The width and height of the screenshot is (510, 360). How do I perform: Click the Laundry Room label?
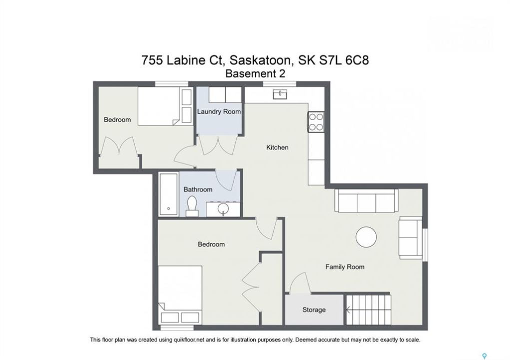(219, 112)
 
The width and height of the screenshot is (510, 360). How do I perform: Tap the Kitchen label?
(277, 147)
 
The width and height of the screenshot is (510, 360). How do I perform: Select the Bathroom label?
(198, 189)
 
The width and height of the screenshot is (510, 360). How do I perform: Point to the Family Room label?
(345, 267)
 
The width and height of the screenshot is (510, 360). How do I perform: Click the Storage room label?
(314, 310)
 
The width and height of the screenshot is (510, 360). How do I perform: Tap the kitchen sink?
(280, 94)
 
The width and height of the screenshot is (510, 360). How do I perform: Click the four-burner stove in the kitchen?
(316, 122)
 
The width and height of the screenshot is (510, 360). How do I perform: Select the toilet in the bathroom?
(192, 206)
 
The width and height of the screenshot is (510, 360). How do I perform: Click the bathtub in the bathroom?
(169, 194)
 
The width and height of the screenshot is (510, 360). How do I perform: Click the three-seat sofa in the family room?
(366, 200)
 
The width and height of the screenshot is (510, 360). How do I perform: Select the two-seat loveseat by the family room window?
(410, 237)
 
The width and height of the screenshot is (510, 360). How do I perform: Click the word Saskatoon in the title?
(260, 60)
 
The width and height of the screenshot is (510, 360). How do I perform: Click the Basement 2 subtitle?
(255, 73)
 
